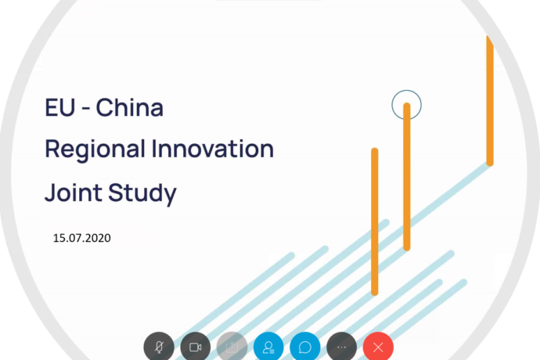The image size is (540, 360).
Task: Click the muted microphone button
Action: click(159, 347)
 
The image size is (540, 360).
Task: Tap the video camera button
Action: click(196, 347)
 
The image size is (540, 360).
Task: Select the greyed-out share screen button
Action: click(232, 347)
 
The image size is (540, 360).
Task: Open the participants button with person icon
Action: click(268, 347)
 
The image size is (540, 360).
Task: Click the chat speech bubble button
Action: click(305, 347)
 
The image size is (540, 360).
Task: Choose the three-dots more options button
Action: click(341, 347)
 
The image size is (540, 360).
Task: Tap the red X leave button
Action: click(378, 347)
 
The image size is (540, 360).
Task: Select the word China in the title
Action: click(130, 108)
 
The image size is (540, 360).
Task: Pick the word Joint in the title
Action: click(69, 193)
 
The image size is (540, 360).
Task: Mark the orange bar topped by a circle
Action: click(407, 180)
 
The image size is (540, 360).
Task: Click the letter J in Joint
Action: click(50, 193)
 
